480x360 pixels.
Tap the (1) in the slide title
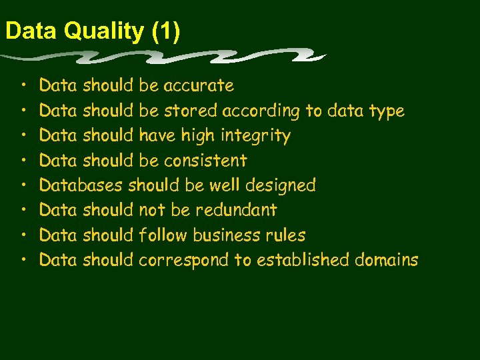coord(165,32)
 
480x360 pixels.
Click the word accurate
coord(199,86)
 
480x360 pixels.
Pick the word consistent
coord(205,161)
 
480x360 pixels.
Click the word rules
coord(285,235)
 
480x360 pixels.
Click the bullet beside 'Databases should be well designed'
coord(23,186)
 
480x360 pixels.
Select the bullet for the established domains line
coord(23,261)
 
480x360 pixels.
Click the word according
coord(262,111)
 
